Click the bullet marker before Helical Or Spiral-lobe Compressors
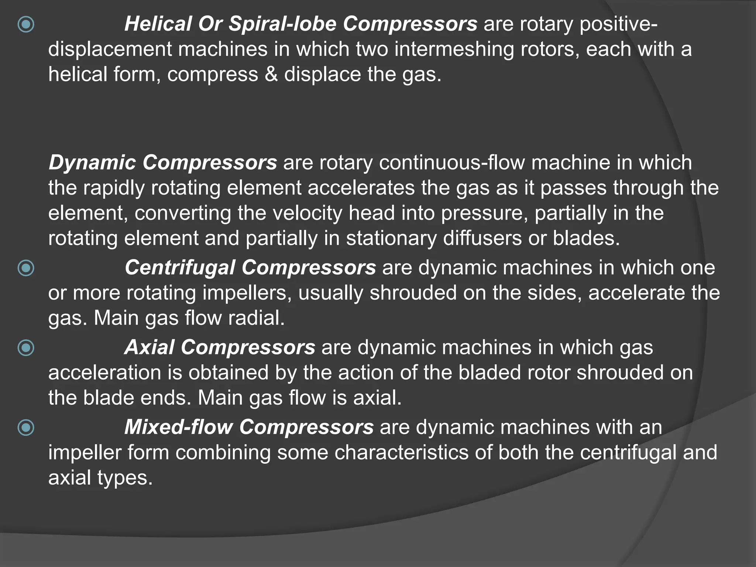(26, 25)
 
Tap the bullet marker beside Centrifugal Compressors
(26, 268)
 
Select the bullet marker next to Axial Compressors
(26, 348)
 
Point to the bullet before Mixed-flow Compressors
(26, 428)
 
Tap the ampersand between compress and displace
(271, 74)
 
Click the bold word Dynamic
(92, 163)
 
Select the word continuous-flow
(452, 163)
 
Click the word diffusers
(482, 238)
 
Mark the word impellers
(247, 293)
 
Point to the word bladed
(489, 372)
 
